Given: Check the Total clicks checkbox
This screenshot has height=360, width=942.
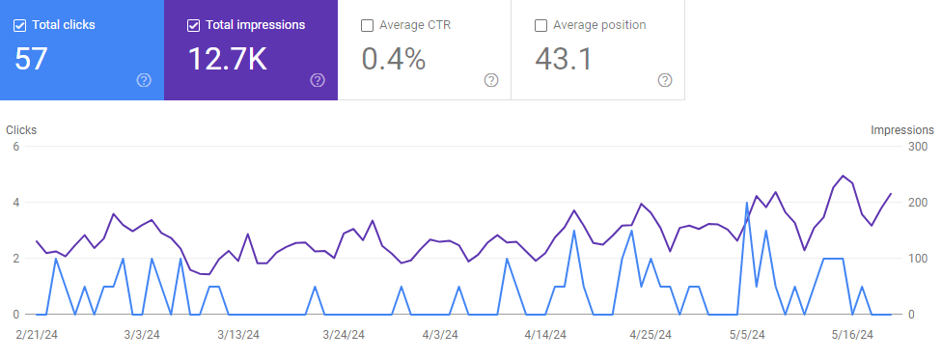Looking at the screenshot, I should click(19, 25).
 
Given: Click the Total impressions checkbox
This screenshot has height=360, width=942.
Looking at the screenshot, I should click(193, 25).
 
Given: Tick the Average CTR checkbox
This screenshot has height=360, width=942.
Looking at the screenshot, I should click(367, 25).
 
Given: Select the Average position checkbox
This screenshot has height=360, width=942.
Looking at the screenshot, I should click(540, 25).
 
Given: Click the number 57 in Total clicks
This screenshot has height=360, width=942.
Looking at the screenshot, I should click(31, 59).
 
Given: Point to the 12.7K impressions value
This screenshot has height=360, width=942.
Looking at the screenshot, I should click(227, 59).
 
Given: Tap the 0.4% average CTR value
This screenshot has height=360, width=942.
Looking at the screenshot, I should click(393, 59).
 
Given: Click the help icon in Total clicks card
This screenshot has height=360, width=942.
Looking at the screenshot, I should click(144, 80).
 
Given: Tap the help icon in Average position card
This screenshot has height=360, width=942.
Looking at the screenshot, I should click(664, 80).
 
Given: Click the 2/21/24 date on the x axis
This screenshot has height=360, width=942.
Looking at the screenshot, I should click(37, 335).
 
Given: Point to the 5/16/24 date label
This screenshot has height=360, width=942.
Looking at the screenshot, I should click(852, 335).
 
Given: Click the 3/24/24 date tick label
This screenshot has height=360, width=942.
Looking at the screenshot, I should click(344, 335).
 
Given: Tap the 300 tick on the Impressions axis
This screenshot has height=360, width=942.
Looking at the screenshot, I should click(919, 147).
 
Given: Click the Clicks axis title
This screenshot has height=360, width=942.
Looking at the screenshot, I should click(21, 129).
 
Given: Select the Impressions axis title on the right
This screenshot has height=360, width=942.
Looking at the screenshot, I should click(901, 129).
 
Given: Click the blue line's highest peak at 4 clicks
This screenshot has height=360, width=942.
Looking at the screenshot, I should click(747, 203).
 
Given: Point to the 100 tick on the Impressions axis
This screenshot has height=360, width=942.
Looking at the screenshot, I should click(919, 259).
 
